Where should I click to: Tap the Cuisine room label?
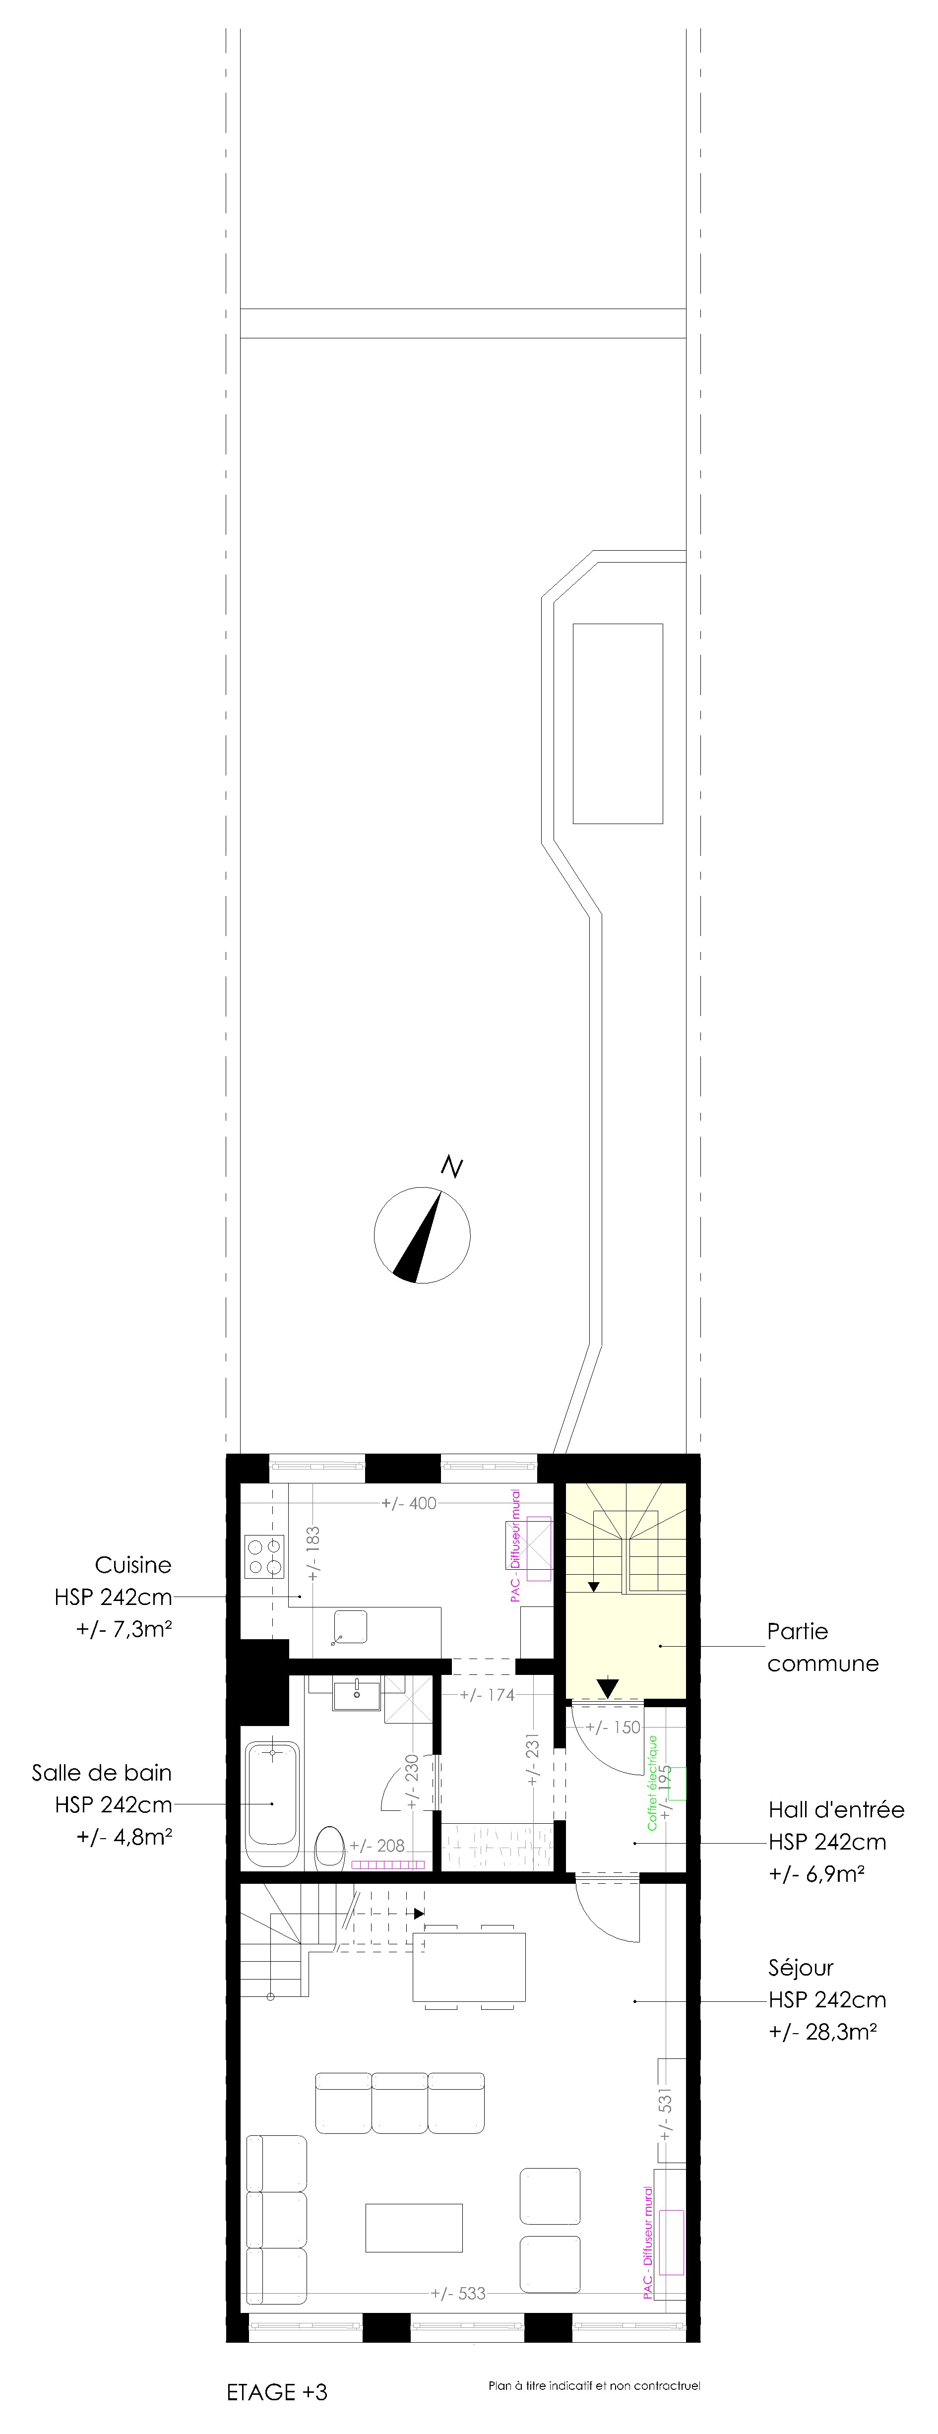click(133, 1565)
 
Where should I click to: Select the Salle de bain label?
click(102, 1773)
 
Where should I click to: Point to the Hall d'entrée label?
click(836, 1809)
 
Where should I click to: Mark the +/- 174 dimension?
click(488, 1695)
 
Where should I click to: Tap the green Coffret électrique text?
click(652, 1783)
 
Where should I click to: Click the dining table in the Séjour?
click(469, 1966)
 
